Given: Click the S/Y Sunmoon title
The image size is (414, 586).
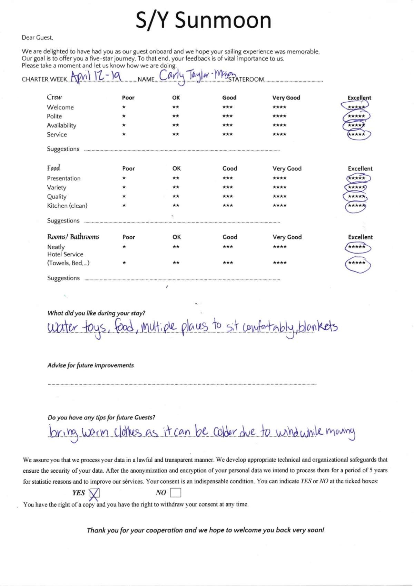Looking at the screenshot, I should point(204,20).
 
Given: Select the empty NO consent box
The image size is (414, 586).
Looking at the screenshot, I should point(175,493).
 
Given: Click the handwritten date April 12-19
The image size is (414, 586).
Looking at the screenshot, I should point(96,75).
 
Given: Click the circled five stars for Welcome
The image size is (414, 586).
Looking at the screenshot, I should point(356,107).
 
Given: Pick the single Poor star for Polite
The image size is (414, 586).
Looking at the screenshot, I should point(124,116).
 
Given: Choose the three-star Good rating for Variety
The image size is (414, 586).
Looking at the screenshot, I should point(228,187).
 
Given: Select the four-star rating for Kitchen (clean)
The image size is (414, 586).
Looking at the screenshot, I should point(279,206).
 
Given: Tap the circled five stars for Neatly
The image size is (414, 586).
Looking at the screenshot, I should point(357,247).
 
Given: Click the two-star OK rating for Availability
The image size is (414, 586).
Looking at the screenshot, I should point(176,125).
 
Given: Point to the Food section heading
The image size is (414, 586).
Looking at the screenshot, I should point(53,168).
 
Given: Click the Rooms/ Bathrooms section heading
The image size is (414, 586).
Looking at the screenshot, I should point(73,237).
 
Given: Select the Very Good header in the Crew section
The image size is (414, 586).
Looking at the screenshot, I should point(286,98).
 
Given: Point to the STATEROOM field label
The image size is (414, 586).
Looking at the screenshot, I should point(246,79).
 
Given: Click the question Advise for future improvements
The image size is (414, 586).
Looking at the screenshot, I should point(90,365).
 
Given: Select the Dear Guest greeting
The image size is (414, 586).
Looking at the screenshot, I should point(37,38).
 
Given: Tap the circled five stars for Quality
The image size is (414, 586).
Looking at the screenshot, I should point(356,197).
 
